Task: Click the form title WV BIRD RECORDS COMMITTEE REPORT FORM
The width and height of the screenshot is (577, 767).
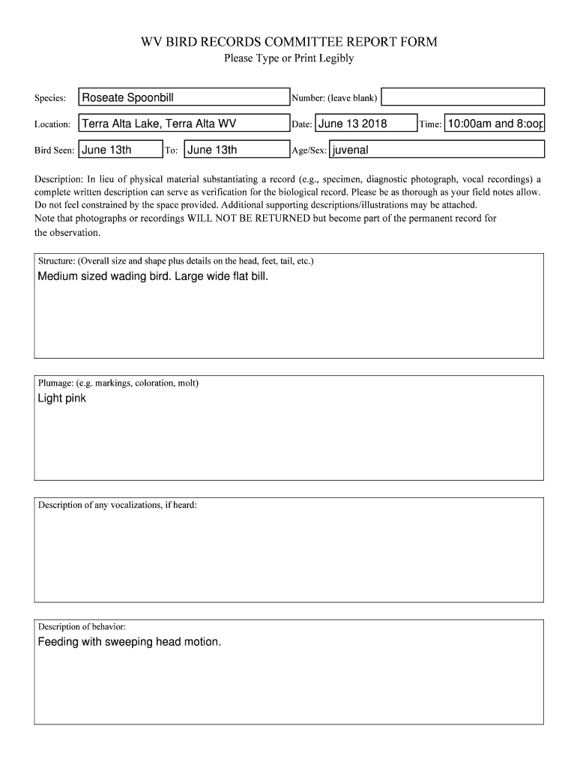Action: pyautogui.click(x=288, y=42)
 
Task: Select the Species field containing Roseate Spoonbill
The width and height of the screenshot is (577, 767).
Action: pyautogui.click(x=184, y=97)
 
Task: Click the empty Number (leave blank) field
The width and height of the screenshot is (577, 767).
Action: pyautogui.click(x=464, y=97)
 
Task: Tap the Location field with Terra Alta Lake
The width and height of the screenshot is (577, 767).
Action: pyautogui.click(x=184, y=124)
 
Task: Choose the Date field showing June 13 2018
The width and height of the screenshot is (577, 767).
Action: pyautogui.click(x=366, y=124)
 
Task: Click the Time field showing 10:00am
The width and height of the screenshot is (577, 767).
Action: pyautogui.click(x=495, y=124)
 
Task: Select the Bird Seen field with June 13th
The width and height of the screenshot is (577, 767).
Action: pyautogui.click(x=120, y=150)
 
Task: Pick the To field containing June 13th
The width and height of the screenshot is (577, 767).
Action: pyautogui.click(x=235, y=150)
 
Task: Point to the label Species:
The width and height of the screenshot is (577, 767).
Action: pyautogui.click(x=50, y=98)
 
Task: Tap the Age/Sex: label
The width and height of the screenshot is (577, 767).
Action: pyautogui.click(x=309, y=151)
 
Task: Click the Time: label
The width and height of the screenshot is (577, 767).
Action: pyautogui.click(x=430, y=124)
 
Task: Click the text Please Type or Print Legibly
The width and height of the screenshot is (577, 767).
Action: pyautogui.click(x=288, y=58)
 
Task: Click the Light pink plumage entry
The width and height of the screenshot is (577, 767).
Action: pyautogui.click(x=62, y=398)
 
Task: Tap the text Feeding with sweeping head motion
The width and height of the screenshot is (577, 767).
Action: pyautogui.click(x=130, y=642)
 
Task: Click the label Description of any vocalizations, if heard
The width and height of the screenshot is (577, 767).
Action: pyautogui.click(x=118, y=505)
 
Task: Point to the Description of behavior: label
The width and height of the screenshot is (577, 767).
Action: pyautogui.click(x=82, y=626)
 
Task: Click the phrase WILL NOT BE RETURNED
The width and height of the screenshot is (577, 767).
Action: pyautogui.click(x=243, y=218)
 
